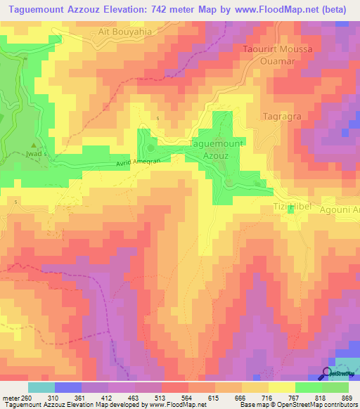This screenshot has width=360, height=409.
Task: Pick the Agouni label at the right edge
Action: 342,210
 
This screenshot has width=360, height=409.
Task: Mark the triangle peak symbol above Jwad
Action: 32,145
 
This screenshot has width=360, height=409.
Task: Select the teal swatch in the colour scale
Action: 41,387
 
